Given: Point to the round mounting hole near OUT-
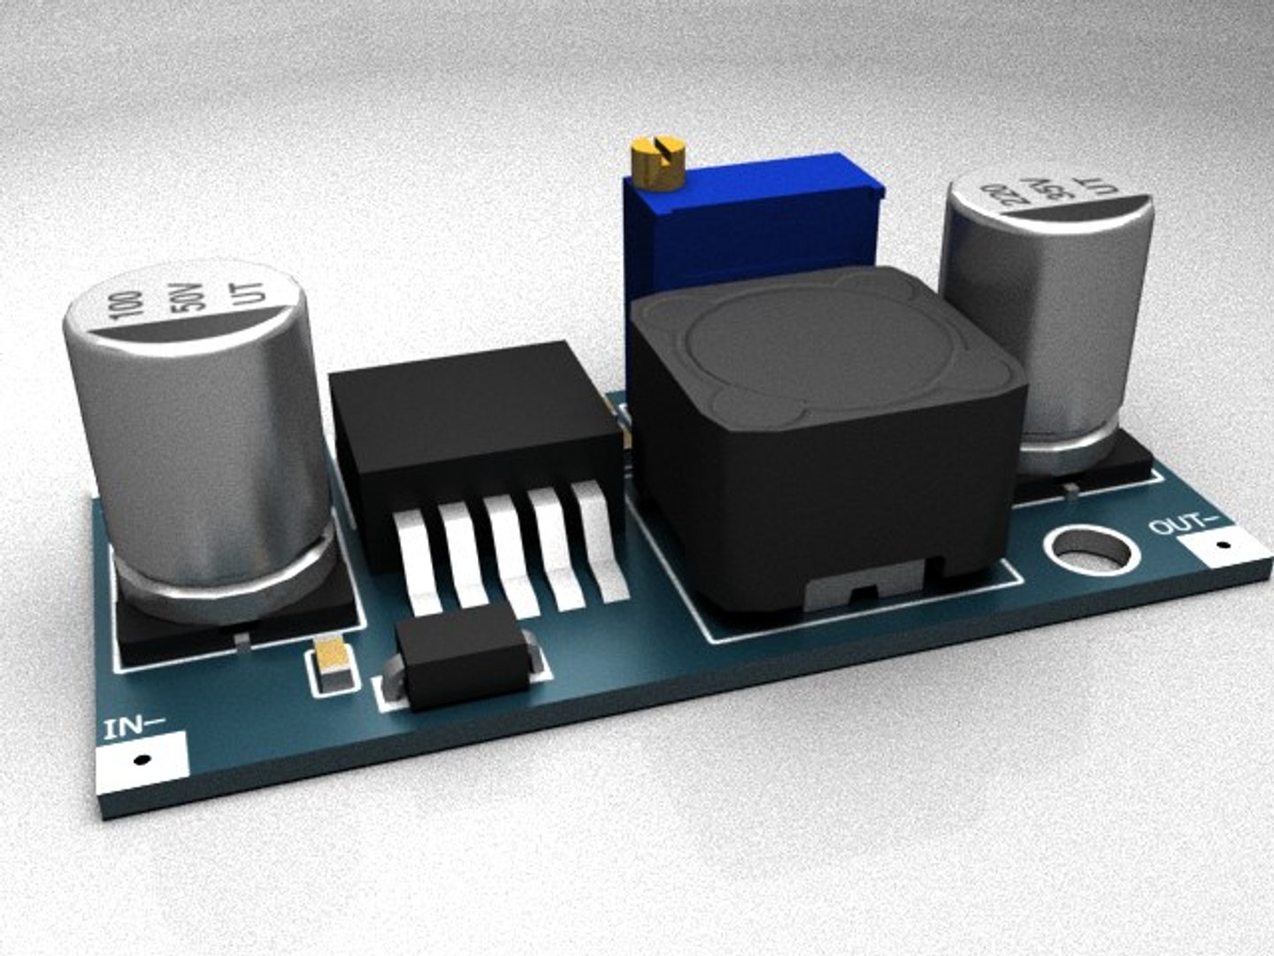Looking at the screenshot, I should click(1088, 552).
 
